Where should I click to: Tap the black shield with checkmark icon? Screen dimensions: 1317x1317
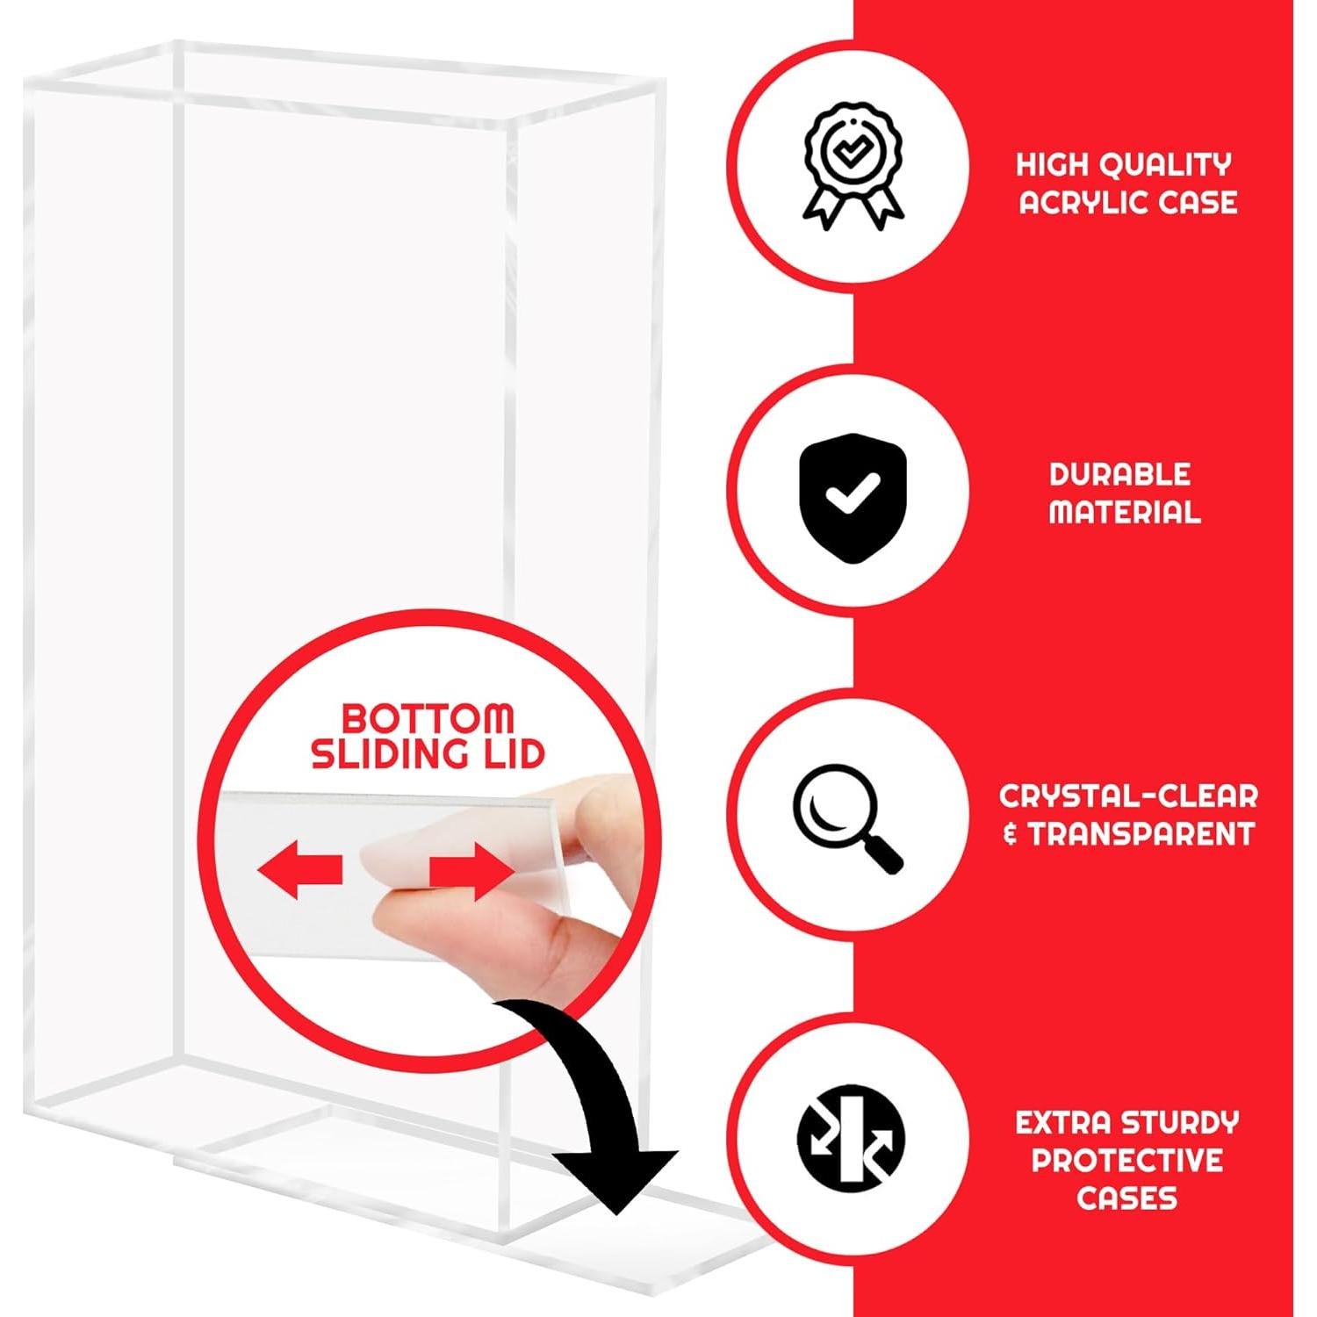click(x=851, y=498)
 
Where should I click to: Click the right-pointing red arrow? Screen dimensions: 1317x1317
click(x=471, y=872)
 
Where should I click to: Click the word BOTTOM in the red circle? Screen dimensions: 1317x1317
click(x=428, y=718)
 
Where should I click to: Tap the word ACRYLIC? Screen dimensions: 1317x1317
click(x=1084, y=203)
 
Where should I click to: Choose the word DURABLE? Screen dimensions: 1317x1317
click(x=1119, y=474)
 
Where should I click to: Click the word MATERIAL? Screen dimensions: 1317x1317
click(x=1124, y=512)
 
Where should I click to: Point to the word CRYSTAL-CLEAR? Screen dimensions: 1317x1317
click(x=1128, y=795)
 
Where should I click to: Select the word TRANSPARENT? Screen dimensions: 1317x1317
click(x=1141, y=833)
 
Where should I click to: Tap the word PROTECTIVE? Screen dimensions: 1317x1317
click(x=1127, y=1160)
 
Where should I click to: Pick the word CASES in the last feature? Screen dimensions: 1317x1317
click(x=1126, y=1198)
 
